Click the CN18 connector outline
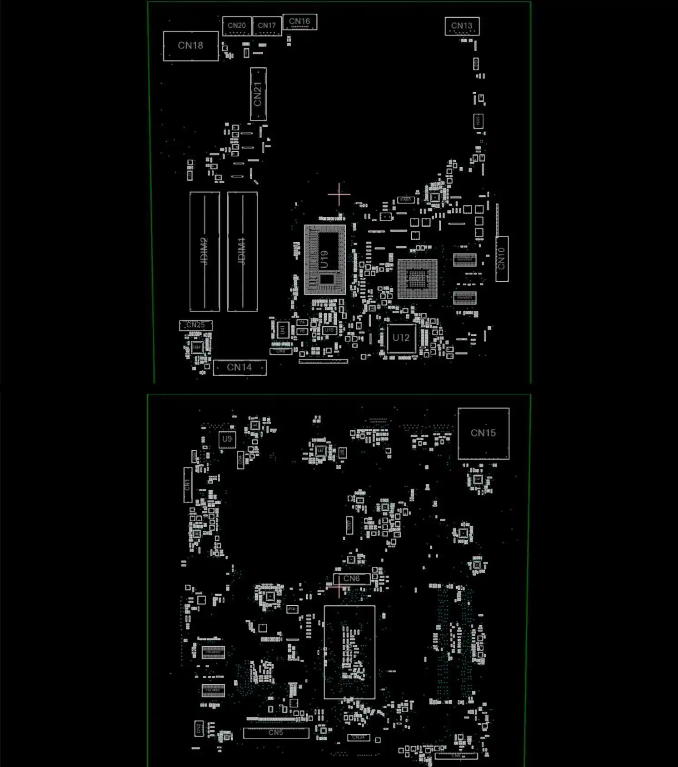[x=190, y=46]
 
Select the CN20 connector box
[x=236, y=26]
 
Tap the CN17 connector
[x=267, y=26]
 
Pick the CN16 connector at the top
[x=299, y=22]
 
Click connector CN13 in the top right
[x=462, y=26]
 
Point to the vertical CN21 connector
[x=258, y=95]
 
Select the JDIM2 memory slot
[x=204, y=251]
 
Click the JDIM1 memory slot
[x=242, y=251]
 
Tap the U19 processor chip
[x=324, y=259]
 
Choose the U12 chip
[x=401, y=338]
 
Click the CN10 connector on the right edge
[x=502, y=259]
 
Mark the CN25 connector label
[x=195, y=325]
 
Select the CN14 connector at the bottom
[x=239, y=368]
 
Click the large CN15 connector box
[x=483, y=433]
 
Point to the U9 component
[x=227, y=439]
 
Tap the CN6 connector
[x=351, y=579]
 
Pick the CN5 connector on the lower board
[x=276, y=733]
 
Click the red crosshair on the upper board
[x=339, y=194]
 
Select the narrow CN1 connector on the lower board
[x=187, y=485]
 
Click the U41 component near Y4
[x=282, y=329]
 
